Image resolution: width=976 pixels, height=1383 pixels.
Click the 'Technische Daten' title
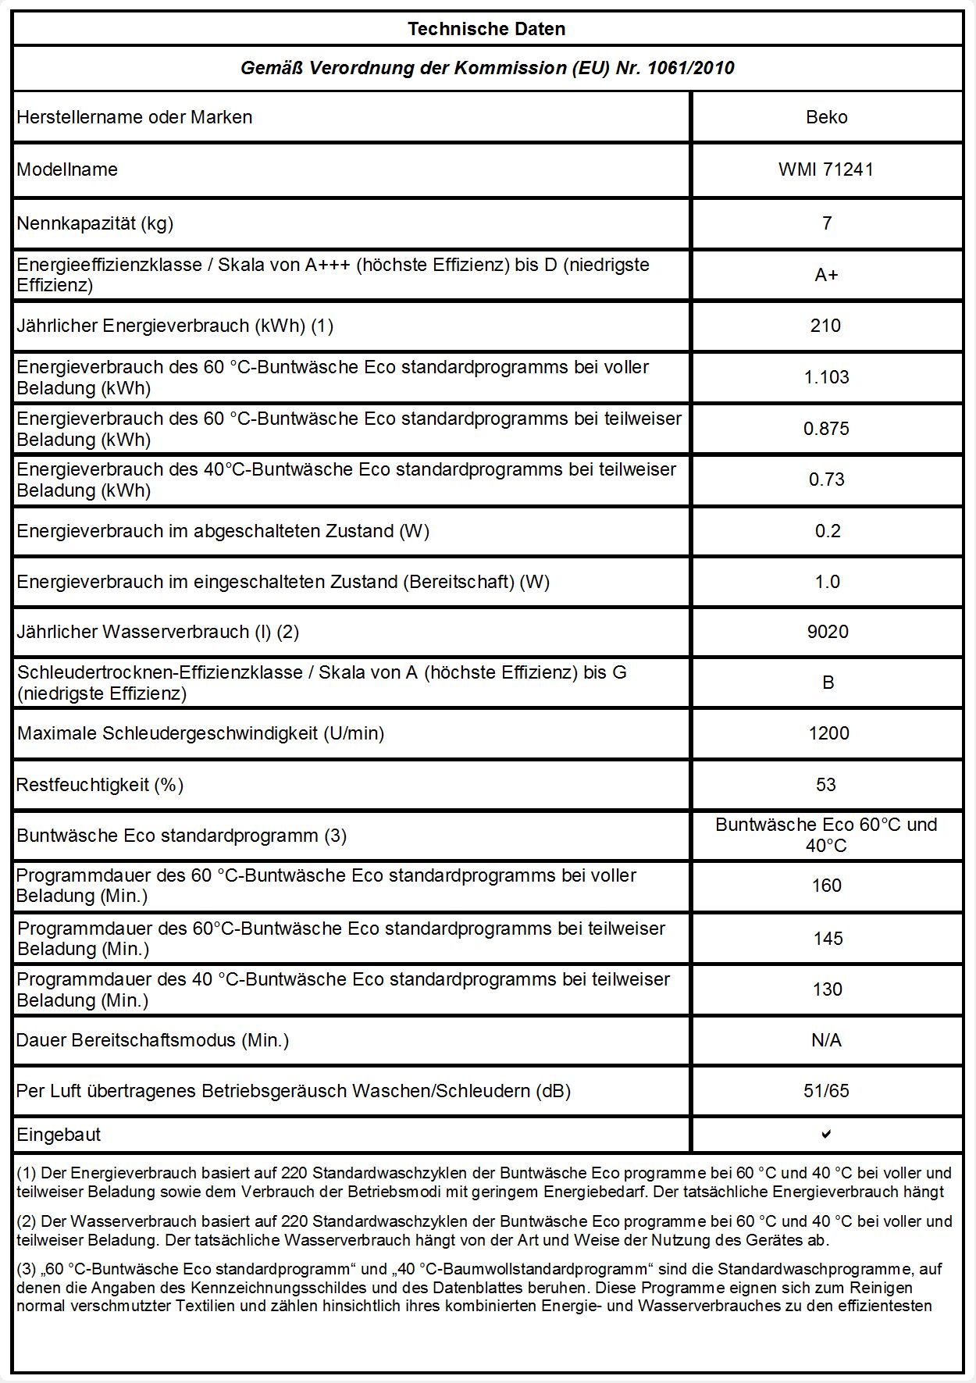[x=486, y=29]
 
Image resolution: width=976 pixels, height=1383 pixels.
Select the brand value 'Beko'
[x=826, y=117]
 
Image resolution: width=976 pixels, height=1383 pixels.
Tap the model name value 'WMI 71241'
[x=826, y=169]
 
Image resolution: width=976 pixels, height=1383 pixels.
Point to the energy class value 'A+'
[x=826, y=275]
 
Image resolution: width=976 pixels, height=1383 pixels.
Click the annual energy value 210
[x=825, y=326]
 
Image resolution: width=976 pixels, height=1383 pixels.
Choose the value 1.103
[x=826, y=377]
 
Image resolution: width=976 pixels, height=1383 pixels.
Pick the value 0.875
[x=826, y=429]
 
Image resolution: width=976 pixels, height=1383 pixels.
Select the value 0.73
[x=826, y=479]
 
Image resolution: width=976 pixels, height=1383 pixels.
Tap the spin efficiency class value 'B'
[x=828, y=683]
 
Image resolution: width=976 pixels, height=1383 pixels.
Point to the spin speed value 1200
[x=828, y=733]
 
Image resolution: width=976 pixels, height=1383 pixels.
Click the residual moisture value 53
[x=826, y=785]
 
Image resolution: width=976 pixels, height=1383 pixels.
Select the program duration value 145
[x=828, y=939]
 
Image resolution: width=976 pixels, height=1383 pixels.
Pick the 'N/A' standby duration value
[x=826, y=1040]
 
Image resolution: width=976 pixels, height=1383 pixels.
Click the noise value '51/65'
[x=826, y=1091]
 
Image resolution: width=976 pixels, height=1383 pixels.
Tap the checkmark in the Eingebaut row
[x=826, y=1134]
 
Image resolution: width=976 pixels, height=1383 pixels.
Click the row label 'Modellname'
[x=67, y=169]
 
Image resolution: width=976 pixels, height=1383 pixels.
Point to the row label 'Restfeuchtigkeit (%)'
[x=100, y=785]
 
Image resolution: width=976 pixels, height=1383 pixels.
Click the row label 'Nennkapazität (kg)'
[x=95, y=223]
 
